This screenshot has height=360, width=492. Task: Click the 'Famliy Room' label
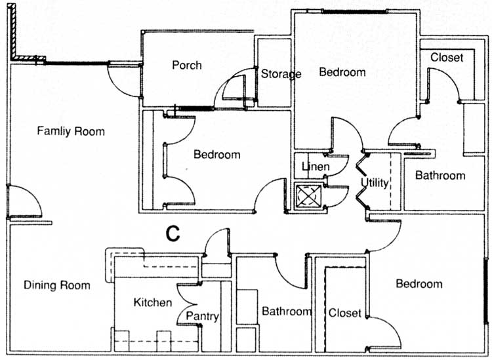click(x=71, y=131)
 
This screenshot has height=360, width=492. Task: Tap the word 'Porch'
click(x=187, y=66)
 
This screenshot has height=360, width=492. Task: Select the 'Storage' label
click(x=281, y=74)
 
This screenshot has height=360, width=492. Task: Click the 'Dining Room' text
click(x=57, y=285)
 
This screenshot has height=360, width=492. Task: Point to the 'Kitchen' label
click(x=153, y=302)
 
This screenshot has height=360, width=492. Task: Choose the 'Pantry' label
click(x=202, y=317)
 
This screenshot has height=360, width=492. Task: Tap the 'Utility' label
click(x=375, y=182)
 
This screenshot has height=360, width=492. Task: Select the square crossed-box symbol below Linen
click(x=307, y=196)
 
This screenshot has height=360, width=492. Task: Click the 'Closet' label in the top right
click(x=446, y=58)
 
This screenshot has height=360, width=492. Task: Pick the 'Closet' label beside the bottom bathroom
click(x=344, y=313)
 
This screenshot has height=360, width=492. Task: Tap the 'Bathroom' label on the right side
click(x=440, y=176)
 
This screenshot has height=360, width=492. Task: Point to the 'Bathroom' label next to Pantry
click(x=286, y=311)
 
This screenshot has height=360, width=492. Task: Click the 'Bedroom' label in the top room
click(x=342, y=72)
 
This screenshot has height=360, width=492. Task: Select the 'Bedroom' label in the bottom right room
click(x=419, y=284)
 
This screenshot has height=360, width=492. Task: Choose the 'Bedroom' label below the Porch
click(x=217, y=155)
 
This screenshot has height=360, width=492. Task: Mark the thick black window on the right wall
click(x=487, y=292)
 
